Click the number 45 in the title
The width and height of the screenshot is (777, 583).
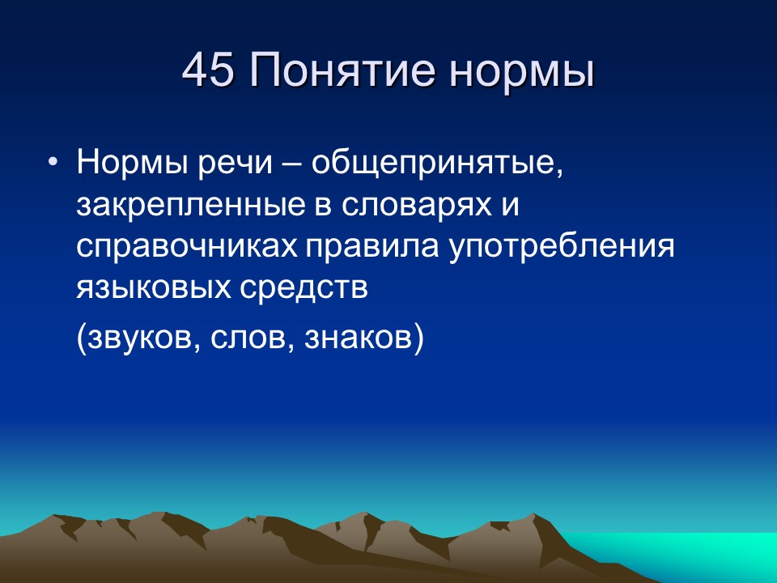(x=208, y=71)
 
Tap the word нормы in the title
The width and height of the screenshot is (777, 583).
(x=519, y=71)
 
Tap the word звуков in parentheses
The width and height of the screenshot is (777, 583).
(x=138, y=338)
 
